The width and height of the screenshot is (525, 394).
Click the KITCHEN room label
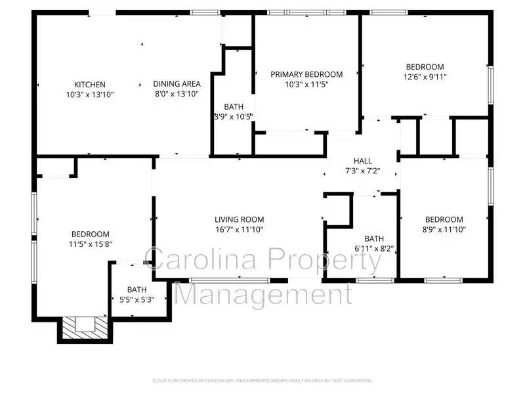(x=90, y=84)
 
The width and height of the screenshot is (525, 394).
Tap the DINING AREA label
(x=177, y=83)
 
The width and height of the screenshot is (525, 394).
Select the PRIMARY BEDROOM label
(x=306, y=74)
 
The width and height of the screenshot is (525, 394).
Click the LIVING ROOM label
(x=239, y=219)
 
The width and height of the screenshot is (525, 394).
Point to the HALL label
(x=362, y=161)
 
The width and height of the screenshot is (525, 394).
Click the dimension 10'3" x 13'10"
(x=90, y=95)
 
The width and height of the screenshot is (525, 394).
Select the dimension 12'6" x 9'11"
(x=425, y=77)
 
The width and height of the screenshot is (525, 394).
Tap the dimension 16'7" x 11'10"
(x=239, y=229)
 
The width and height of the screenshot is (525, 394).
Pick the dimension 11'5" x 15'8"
(x=90, y=244)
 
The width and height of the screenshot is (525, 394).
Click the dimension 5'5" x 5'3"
(x=136, y=299)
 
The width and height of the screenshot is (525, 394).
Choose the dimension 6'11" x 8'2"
(x=374, y=249)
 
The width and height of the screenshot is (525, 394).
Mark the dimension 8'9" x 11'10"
(x=444, y=229)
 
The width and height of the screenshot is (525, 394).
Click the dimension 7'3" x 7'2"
(x=362, y=171)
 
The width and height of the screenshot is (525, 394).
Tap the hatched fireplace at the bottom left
(x=84, y=326)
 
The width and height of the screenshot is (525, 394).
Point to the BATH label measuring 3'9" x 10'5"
(x=234, y=106)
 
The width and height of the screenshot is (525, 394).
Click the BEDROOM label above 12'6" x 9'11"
(x=425, y=67)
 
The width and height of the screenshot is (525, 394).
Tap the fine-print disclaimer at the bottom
(x=262, y=380)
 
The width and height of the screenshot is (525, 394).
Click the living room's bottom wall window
(x=230, y=280)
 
